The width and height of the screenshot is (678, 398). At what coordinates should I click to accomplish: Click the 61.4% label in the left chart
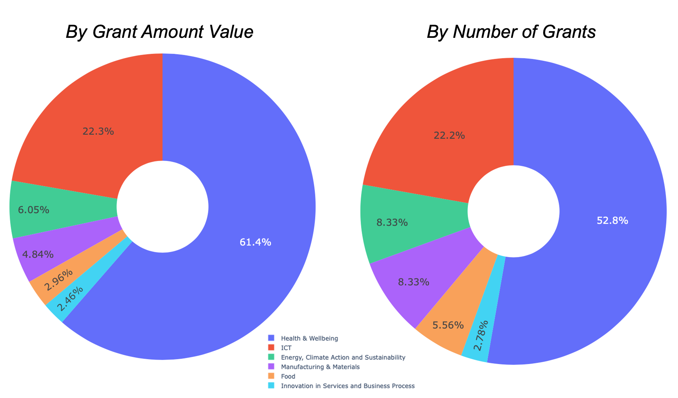(x=255, y=242)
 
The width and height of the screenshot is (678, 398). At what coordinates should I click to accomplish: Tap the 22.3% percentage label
(x=98, y=131)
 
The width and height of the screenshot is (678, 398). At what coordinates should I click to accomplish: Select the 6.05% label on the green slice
(x=34, y=210)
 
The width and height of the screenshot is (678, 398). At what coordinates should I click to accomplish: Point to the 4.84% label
(x=38, y=255)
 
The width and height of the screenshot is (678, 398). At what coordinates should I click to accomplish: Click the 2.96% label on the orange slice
(x=58, y=280)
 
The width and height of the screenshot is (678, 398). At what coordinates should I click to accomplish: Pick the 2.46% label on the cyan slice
(x=70, y=299)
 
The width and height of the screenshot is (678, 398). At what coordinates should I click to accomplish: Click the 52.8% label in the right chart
(x=612, y=221)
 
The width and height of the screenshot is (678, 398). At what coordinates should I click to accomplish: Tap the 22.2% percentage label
(x=449, y=136)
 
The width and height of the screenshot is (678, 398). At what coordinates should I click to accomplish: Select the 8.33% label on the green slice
(x=392, y=222)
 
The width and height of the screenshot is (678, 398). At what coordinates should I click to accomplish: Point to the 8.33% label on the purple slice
(x=413, y=282)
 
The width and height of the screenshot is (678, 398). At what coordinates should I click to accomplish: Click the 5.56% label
(x=448, y=326)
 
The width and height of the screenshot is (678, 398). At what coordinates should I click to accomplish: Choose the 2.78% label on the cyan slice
(x=481, y=335)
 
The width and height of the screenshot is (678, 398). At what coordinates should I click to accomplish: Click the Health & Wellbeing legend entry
(x=309, y=338)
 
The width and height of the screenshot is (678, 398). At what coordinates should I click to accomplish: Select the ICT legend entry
(x=286, y=348)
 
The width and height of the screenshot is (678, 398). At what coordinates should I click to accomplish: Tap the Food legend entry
(x=288, y=377)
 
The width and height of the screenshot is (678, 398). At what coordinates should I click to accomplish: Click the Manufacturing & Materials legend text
(x=320, y=367)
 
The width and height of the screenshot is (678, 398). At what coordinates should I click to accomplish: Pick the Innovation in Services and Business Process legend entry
(x=347, y=386)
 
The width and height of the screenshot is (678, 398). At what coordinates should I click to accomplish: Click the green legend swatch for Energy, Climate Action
(x=271, y=357)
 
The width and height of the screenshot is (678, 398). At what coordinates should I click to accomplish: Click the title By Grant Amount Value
(x=160, y=32)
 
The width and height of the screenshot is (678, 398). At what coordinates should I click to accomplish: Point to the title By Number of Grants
(x=511, y=32)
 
